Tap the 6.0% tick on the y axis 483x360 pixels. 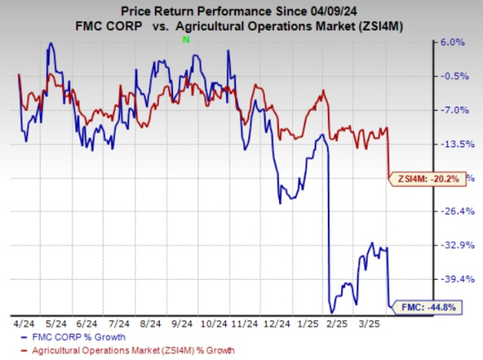coord(454,43)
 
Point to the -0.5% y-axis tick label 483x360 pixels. coord(454,76)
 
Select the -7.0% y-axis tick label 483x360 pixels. coord(454,110)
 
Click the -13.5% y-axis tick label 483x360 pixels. coord(454,144)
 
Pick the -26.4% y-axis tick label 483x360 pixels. coord(454,211)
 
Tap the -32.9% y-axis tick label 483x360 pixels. coord(454,245)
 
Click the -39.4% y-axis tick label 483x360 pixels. coord(454,279)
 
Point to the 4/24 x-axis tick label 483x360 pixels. coord(22,322)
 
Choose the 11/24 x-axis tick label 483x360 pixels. coord(246,322)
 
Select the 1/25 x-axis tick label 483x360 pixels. coord(310,322)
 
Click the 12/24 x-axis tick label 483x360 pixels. coord(278,322)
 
